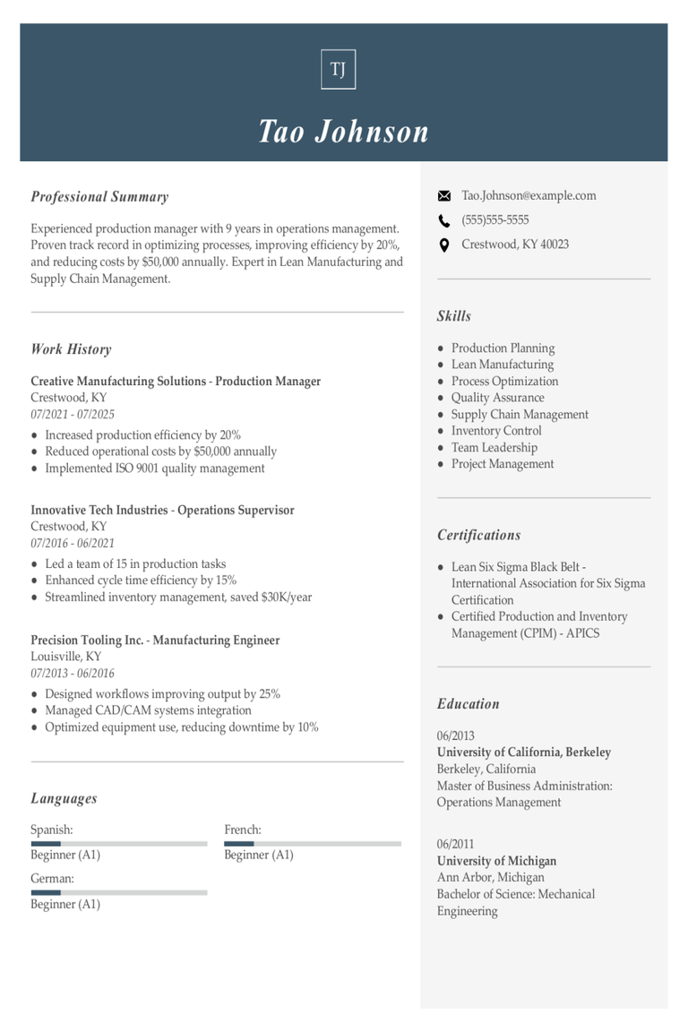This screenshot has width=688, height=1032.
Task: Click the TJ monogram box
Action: click(x=338, y=70)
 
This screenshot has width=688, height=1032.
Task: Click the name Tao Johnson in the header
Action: click(x=344, y=132)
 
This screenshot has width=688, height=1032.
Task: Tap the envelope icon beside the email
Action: click(x=444, y=196)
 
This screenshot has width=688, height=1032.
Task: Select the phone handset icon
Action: click(x=444, y=220)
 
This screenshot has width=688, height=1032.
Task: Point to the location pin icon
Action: click(x=444, y=245)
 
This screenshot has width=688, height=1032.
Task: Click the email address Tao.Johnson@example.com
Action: click(x=529, y=195)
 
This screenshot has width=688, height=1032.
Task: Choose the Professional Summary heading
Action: click(x=99, y=197)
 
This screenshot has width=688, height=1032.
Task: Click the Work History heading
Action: click(x=71, y=349)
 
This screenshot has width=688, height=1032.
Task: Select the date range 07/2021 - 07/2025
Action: click(x=73, y=415)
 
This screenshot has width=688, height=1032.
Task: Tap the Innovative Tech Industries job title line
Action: click(x=162, y=511)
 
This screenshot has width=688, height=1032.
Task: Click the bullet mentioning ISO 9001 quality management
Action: click(x=155, y=469)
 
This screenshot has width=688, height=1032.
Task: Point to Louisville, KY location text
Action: click(x=66, y=657)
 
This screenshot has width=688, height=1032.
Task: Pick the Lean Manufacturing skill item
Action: click(x=503, y=365)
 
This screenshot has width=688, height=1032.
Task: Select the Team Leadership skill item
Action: click(x=494, y=448)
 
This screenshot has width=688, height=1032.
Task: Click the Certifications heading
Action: click(x=478, y=536)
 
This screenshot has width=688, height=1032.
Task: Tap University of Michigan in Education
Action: click(x=496, y=861)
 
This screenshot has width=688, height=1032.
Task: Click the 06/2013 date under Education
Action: click(x=456, y=735)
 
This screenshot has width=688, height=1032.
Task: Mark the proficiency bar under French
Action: click(x=313, y=843)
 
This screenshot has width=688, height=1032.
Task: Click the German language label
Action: click(x=52, y=879)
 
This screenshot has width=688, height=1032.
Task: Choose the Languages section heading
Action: click(x=64, y=799)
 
